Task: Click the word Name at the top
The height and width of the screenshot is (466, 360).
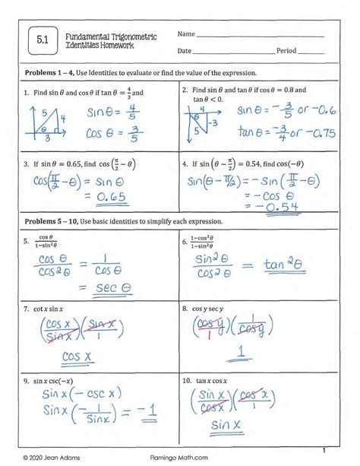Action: [x=187, y=35]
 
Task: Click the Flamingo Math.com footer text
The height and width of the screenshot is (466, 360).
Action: [x=179, y=457]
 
